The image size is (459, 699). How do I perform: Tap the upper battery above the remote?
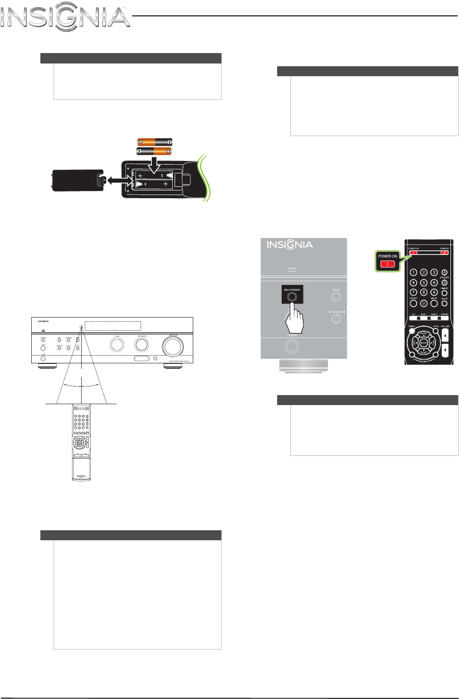[x=155, y=142]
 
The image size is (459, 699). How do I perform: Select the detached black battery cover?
[x=77, y=180]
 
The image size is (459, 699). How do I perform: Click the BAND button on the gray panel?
[x=336, y=297]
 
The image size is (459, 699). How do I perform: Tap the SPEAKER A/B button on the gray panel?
[x=336, y=318]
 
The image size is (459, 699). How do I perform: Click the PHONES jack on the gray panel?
[x=292, y=347]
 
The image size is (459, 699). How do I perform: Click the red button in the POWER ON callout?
[x=387, y=264]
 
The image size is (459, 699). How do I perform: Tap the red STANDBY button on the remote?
[x=445, y=253]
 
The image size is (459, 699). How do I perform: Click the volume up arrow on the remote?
[x=445, y=336]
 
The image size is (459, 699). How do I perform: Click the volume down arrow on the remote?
[x=445, y=350]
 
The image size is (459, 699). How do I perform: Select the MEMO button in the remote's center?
[x=424, y=343]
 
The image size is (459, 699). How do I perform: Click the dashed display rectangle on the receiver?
[x=113, y=326]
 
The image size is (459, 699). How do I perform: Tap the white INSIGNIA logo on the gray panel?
[x=290, y=245]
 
